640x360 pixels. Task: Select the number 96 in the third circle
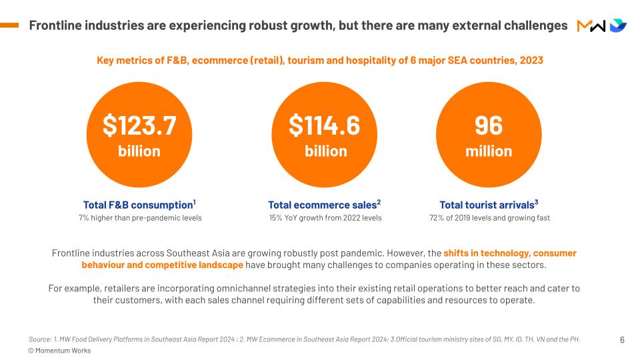(x=489, y=125)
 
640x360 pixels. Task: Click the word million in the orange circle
(x=489, y=151)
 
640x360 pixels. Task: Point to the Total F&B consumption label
(x=139, y=205)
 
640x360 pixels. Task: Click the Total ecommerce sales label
(x=324, y=205)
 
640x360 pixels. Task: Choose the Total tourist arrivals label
(x=489, y=205)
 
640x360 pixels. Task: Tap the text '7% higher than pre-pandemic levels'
(x=140, y=218)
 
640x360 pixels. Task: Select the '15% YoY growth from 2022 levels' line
(x=325, y=218)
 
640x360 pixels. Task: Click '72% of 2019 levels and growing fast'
(x=489, y=218)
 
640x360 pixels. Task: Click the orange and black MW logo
(x=591, y=26)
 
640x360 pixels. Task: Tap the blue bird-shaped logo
(x=618, y=25)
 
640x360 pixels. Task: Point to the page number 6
(x=622, y=339)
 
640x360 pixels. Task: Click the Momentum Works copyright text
(x=59, y=351)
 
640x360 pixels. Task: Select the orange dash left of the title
(x=9, y=25)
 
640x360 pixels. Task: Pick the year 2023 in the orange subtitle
(x=531, y=61)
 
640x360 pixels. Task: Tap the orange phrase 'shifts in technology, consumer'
(x=510, y=253)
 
